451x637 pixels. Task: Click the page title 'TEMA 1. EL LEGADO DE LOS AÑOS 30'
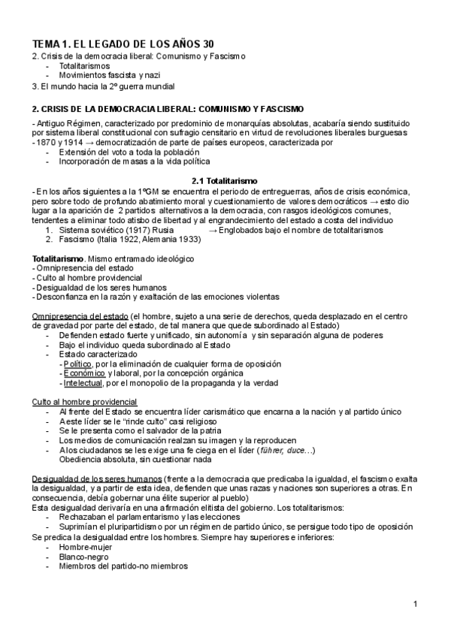coord(123,44)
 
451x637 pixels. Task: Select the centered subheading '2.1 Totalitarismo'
coord(225,181)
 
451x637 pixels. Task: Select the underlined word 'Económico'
coord(84,373)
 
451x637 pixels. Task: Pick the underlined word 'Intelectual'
coord(85,383)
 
